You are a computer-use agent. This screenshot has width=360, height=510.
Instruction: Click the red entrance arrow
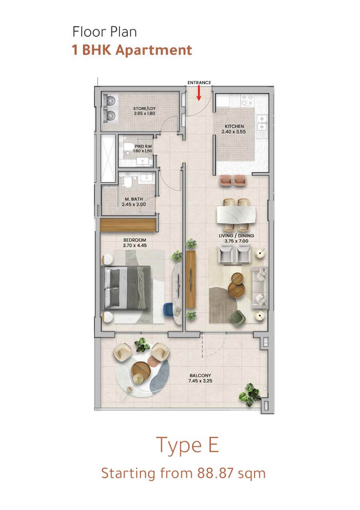click(199, 93)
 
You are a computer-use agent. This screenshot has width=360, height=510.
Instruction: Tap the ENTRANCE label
click(199, 82)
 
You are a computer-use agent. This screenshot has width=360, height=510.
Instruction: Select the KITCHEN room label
click(234, 126)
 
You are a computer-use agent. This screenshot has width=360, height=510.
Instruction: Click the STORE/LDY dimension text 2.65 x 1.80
click(144, 113)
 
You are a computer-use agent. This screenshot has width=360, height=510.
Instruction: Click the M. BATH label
click(134, 199)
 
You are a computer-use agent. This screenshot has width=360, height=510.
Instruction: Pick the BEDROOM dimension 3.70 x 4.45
click(135, 245)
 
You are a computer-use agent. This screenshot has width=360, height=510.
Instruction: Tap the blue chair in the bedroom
click(168, 309)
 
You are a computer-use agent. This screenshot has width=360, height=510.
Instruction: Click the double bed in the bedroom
click(126, 288)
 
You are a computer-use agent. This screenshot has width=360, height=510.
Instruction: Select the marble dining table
click(236, 215)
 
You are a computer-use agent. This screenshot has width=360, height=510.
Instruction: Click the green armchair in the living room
click(237, 317)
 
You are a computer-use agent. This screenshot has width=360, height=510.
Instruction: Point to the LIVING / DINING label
click(236, 236)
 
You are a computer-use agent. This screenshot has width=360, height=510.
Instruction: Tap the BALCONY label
click(200, 375)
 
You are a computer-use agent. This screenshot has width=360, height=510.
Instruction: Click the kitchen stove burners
click(247, 100)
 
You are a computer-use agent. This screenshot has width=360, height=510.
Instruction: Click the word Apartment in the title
click(154, 50)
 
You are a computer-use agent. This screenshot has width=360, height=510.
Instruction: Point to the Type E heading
click(188, 445)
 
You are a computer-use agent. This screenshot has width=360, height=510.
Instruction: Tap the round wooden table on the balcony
click(141, 370)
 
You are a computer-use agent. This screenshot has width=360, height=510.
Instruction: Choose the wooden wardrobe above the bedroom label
click(128, 225)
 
